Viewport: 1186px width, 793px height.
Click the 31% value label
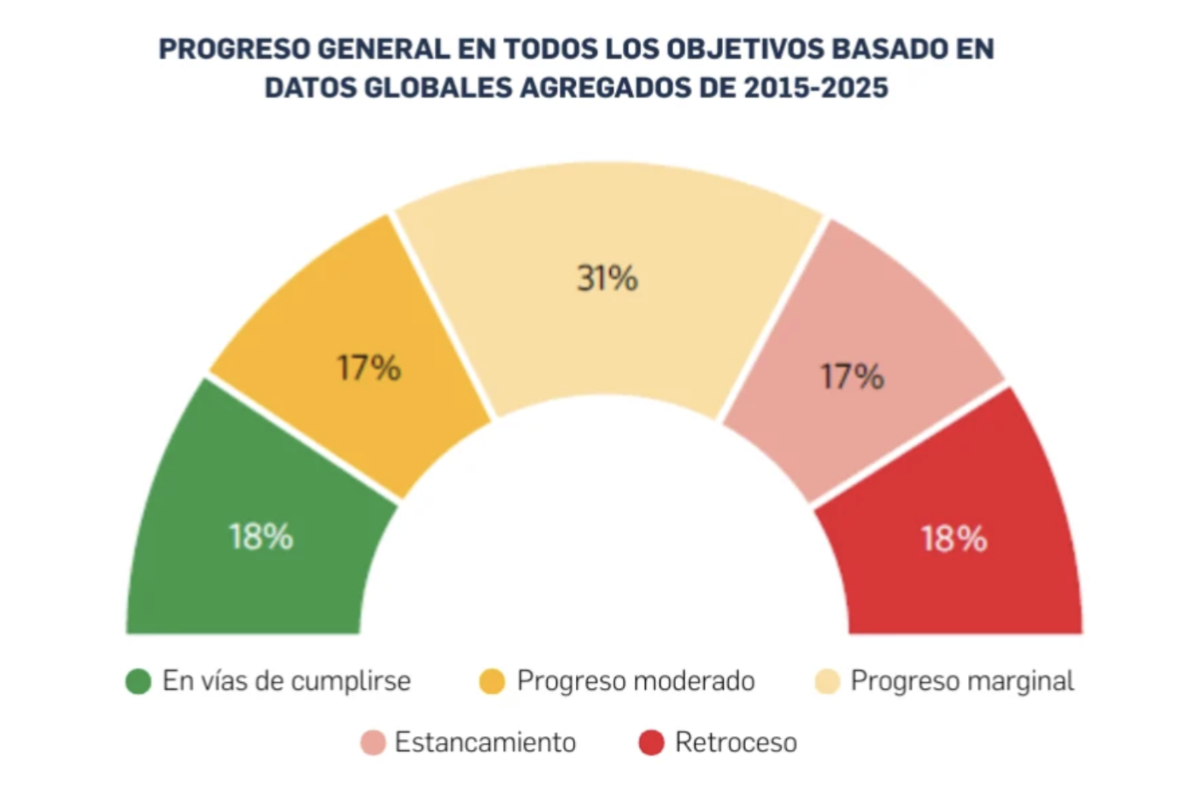coord(607,279)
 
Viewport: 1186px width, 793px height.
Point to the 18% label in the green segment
coord(261,537)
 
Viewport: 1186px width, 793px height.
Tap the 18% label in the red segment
coord(954,539)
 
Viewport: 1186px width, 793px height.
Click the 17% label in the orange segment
coord(369,368)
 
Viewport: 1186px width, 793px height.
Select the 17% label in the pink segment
coord(852,376)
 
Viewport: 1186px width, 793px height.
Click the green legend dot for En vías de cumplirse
coord(138,681)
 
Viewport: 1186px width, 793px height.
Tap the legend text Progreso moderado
coord(636,681)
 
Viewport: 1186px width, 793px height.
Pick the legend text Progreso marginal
coord(962,681)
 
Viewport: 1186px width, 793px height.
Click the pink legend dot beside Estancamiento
coord(373,743)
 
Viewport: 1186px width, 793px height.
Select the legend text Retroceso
coord(736,743)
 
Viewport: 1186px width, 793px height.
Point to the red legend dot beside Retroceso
coord(652,743)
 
